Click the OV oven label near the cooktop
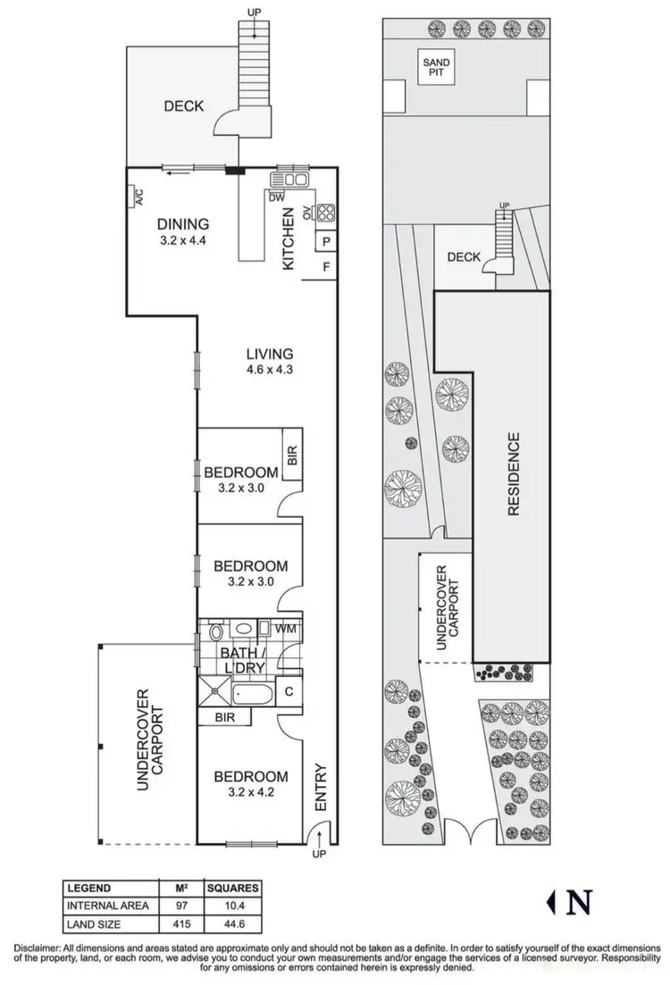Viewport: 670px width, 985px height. (x=306, y=213)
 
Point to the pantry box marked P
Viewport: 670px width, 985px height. (x=326, y=242)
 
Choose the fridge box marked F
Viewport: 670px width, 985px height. (x=326, y=266)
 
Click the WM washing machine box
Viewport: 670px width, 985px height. (x=286, y=630)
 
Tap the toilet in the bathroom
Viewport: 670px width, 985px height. (x=215, y=632)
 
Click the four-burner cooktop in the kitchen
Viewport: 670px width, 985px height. (x=326, y=213)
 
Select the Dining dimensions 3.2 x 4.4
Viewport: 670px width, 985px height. (x=183, y=241)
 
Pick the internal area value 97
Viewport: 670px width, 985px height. (x=180, y=905)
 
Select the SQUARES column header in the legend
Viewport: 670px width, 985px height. (x=233, y=888)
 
